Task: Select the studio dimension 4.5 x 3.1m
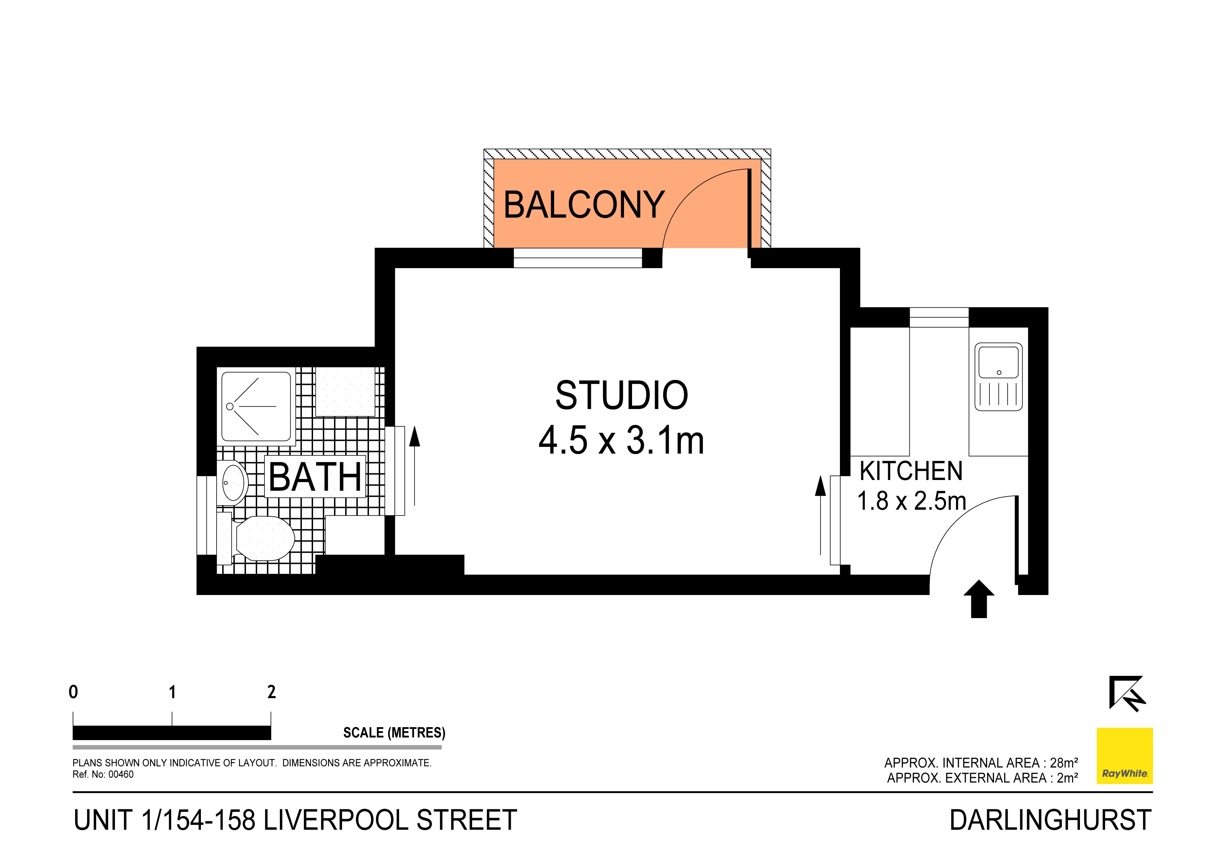click(622, 441)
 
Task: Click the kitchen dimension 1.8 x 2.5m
click(912, 501)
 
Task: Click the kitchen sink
click(999, 377)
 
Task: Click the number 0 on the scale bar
click(73, 692)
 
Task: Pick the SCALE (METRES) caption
click(394, 732)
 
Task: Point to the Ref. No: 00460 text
click(103, 775)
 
